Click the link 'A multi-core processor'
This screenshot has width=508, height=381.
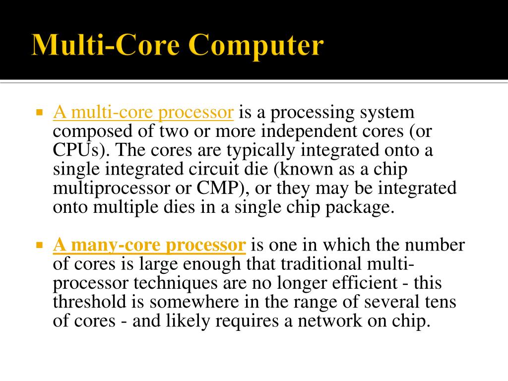click(143, 112)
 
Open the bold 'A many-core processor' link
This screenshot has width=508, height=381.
click(149, 245)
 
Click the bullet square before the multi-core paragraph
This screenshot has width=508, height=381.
click(40, 112)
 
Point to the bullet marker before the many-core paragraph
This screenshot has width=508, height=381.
click(40, 245)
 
